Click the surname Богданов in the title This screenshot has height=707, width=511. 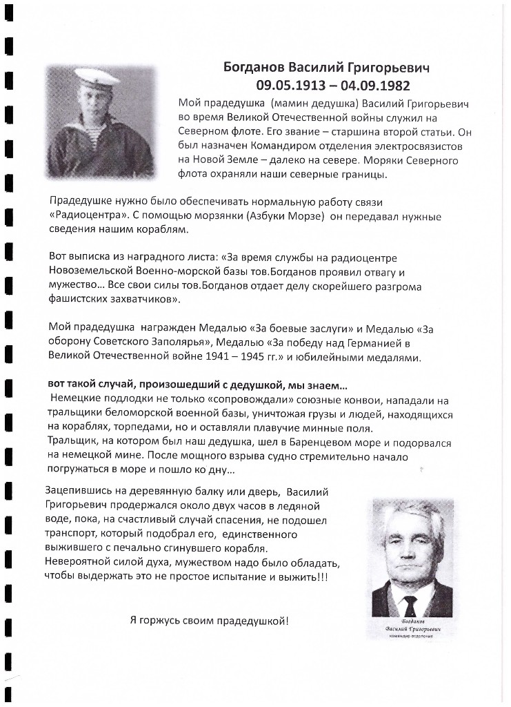click(x=254, y=68)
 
